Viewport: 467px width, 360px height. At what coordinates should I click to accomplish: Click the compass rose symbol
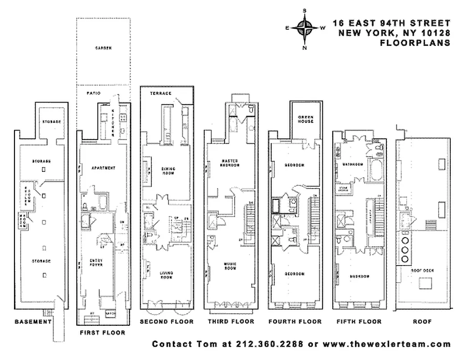[x=305, y=28]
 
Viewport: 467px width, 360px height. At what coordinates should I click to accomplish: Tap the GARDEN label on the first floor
[x=103, y=48]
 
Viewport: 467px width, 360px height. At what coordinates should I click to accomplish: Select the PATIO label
[x=93, y=93]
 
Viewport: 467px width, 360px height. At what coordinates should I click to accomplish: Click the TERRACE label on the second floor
[x=161, y=93]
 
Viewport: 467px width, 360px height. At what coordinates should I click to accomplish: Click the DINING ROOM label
[x=168, y=171]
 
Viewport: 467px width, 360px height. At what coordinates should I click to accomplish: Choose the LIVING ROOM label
[x=167, y=275]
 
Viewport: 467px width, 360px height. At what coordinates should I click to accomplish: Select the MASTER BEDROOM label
[x=231, y=162]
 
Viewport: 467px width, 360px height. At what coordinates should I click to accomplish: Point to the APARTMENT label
[x=103, y=168]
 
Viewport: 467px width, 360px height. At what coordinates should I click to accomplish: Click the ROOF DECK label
[x=422, y=270]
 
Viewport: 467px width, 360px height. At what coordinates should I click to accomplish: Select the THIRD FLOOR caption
[x=231, y=321]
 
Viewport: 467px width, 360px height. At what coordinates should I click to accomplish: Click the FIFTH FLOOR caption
[x=359, y=321]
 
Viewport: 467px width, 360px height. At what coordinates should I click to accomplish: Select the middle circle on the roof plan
[x=404, y=250]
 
